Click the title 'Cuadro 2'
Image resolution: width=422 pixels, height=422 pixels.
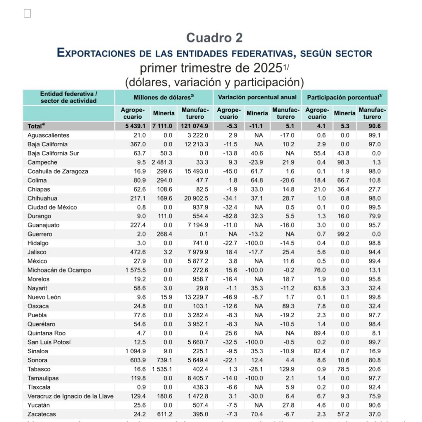pos(214,38)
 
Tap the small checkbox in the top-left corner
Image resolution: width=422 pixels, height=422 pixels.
pos(27,14)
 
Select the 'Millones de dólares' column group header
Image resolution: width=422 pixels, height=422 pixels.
pos(164,97)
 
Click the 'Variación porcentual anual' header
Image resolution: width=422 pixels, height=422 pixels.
pos(257,97)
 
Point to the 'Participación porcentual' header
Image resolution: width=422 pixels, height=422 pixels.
pos(345,97)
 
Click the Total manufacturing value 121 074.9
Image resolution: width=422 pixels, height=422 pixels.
pos(195,127)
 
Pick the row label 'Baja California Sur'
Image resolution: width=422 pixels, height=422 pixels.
pos(53,153)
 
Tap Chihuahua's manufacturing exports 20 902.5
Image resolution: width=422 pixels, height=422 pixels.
pos(195,198)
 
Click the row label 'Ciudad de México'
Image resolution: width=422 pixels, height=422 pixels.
pos(52,207)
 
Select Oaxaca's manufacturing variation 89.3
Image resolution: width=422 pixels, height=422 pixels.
pos(286,306)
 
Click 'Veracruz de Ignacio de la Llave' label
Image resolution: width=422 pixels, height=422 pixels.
pos(70,396)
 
